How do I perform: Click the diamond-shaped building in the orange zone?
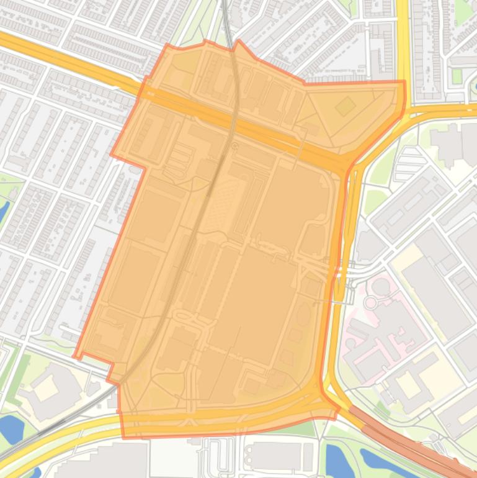pyautogui.click(x=345, y=107)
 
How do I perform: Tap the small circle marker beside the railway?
pyautogui.click(x=234, y=146)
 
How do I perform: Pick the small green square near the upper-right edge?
pyautogui.click(x=457, y=76)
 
